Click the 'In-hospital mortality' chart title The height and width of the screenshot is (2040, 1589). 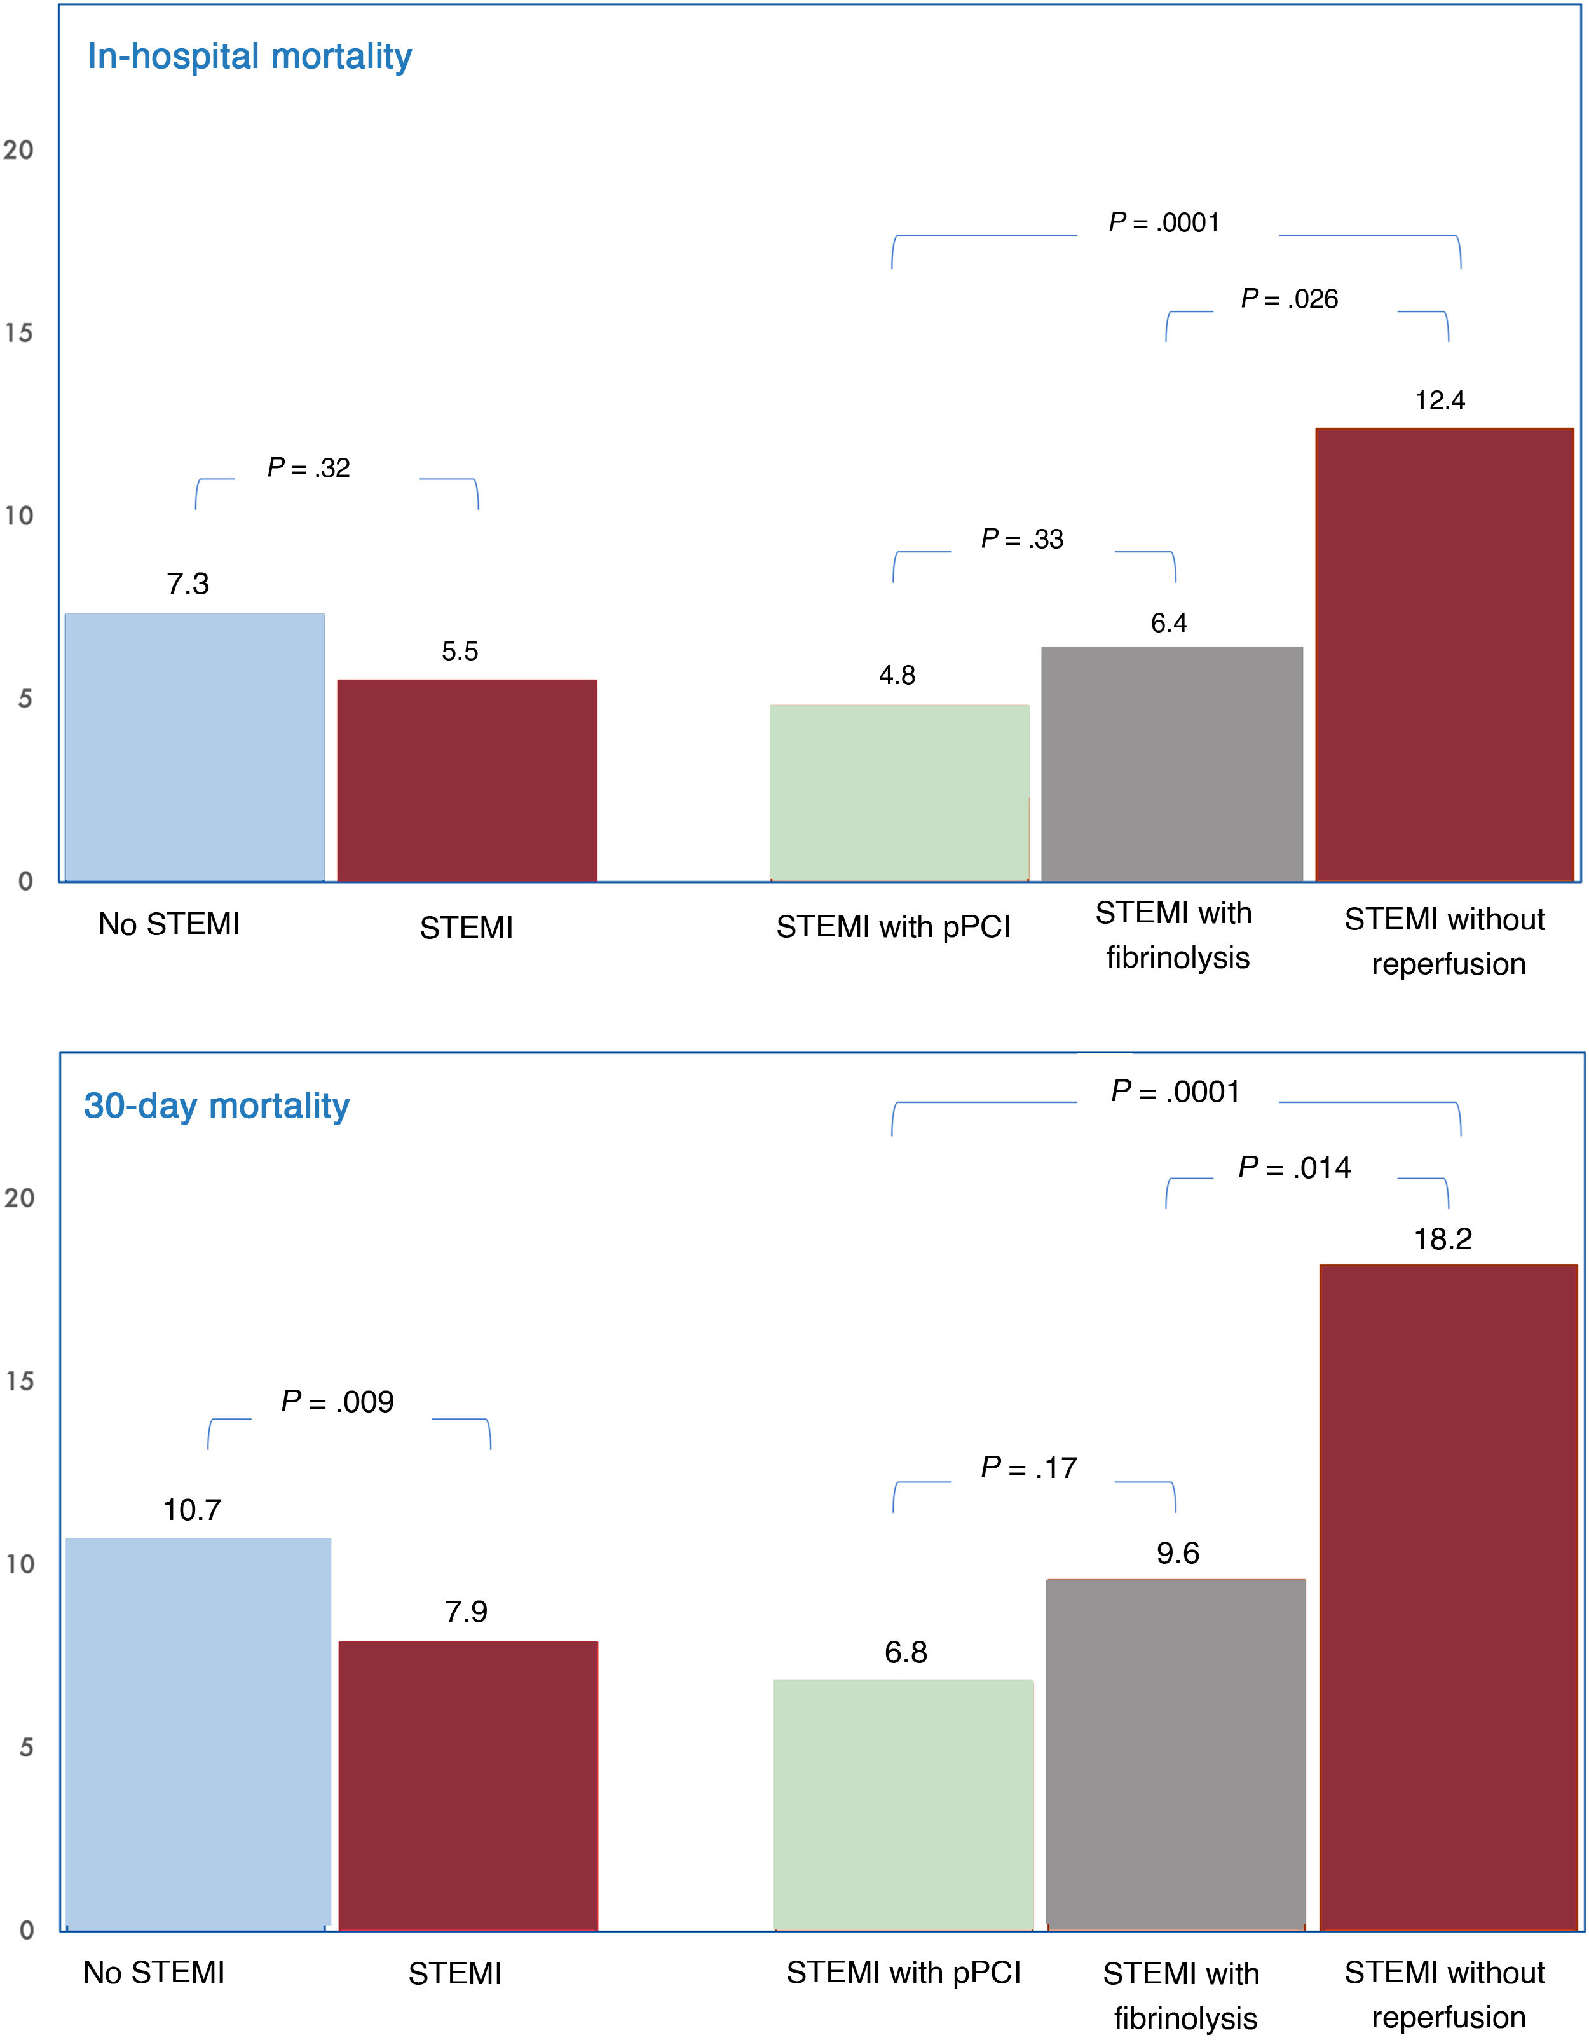(249, 56)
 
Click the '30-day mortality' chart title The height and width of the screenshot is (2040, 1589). (217, 1105)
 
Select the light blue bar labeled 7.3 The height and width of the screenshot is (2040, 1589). (194, 747)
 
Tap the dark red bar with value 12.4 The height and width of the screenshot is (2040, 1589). (1444, 654)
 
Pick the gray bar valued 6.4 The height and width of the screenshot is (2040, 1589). (1171, 763)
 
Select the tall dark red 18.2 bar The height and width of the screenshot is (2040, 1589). (1448, 1598)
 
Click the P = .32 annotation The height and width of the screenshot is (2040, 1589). (308, 467)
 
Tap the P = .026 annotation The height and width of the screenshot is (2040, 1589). (1289, 299)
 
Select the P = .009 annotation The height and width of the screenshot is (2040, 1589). (338, 1401)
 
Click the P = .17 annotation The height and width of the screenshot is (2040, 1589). (1028, 1467)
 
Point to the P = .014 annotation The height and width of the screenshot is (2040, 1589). (1294, 1168)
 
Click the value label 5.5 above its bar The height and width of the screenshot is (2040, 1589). (460, 651)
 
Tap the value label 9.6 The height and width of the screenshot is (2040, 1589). (1177, 1553)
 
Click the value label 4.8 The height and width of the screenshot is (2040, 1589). (897, 675)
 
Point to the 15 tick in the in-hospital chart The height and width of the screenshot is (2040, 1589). (18, 332)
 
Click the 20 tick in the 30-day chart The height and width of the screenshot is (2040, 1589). (18, 1198)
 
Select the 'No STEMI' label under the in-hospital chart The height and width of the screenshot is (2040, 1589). (169, 924)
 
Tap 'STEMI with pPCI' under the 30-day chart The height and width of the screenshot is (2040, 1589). (903, 1972)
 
